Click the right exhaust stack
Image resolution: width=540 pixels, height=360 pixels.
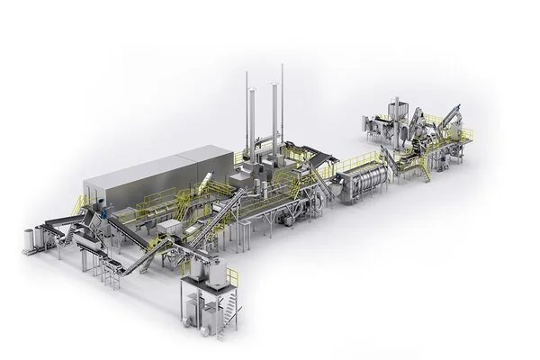click(281, 103)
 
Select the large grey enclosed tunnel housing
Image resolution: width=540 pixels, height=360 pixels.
click(153, 181)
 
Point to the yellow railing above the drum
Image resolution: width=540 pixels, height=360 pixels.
click(351, 163)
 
